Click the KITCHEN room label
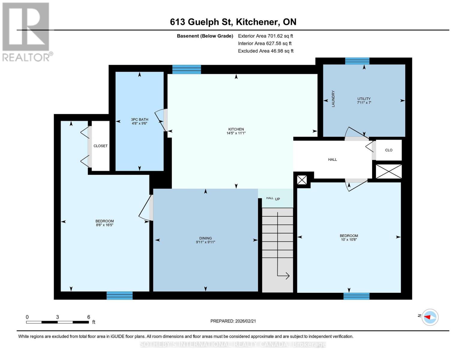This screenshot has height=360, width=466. tap(236, 129)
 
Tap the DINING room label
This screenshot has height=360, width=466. tap(205, 238)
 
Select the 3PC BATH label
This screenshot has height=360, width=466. tap(140, 119)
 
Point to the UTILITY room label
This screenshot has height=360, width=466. tap(364, 99)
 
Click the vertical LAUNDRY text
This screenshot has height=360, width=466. tap(333, 99)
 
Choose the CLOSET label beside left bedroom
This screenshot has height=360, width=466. tap(100, 146)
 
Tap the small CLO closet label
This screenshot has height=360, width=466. tap(389, 150)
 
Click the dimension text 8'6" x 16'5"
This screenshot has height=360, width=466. tap(104, 225)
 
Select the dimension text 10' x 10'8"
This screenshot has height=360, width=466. tap(349, 240)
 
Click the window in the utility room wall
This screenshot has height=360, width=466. tap(357, 61)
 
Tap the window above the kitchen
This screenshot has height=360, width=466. tap(186, 69)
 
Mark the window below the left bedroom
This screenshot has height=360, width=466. tap(119, 295)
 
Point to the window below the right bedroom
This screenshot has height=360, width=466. tap(356, 296)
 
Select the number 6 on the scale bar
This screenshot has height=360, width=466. tap(89, 317)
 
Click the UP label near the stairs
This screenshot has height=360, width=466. tap(277, 199)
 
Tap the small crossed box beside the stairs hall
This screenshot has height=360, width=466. tap(302, 180)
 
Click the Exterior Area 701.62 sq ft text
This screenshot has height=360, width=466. tap(265, 36)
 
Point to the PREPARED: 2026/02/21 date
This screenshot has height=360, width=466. tap(233, 321)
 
